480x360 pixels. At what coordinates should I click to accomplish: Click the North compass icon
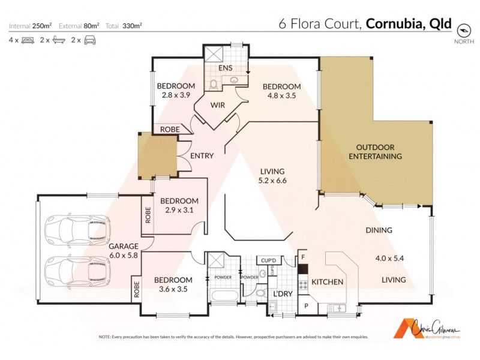click(463, 30)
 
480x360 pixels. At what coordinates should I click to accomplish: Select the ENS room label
click(225, 68)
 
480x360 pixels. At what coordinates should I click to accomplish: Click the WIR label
click(218, 105)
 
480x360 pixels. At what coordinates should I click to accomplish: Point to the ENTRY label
click(202, 156)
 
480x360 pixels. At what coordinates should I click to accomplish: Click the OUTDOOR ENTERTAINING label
click(375, 152)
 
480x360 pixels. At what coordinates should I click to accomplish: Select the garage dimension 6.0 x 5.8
click(124, 256)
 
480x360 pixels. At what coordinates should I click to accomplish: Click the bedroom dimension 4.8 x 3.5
click(282, 96)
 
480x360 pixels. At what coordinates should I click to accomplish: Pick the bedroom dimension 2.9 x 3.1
click(178, 211)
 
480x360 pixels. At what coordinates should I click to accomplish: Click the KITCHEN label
click(327, 282)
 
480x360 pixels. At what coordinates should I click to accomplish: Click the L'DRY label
click(283, 294)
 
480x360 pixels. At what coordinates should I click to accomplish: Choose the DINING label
click(379, 230)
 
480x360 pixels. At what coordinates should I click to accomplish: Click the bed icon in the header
click(27, 40)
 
